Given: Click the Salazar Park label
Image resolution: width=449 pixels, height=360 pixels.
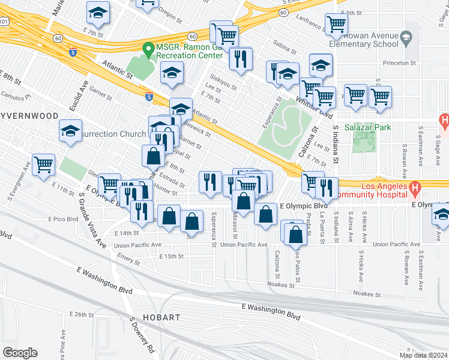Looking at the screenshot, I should [x=369, y=127].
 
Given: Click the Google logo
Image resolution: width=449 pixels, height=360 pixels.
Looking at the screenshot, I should [x=20, y=352].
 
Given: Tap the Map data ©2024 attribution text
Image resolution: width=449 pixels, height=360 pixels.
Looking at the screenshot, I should [x=423, y=355].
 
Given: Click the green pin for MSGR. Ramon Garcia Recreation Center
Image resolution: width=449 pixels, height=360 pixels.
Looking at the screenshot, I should [x=146, y=49].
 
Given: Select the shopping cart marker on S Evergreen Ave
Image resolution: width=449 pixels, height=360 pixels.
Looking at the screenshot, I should [x=44, y=164].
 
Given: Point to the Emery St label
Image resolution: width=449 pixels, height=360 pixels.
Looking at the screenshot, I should [x=128, y=262].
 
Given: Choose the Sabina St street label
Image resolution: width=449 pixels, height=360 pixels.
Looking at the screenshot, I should [x=285, y=44].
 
